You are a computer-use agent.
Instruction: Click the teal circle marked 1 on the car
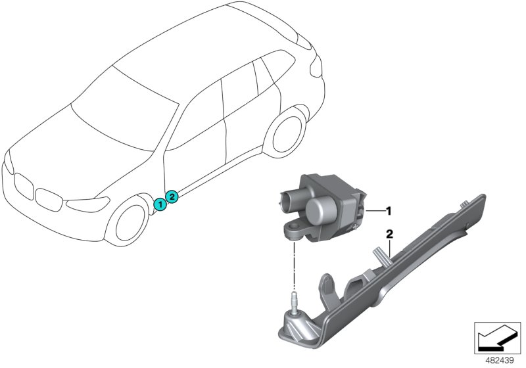(x=160, y=204)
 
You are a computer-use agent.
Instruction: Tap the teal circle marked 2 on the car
(x=172, y=196)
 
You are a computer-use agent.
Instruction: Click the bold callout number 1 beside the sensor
(x=389, y=211)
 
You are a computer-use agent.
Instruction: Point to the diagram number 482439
(x=500, y=361)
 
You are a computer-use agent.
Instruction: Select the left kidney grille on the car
(x=24, y=187)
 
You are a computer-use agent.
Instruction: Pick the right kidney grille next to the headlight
(x=49, y=200)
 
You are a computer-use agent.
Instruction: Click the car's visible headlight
(x=88, y=204)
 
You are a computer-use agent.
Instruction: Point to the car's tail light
(x=316, y=66)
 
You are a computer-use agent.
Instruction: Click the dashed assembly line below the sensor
(x=294, y=265)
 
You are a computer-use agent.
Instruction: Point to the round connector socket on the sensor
(x=289, y=200)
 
